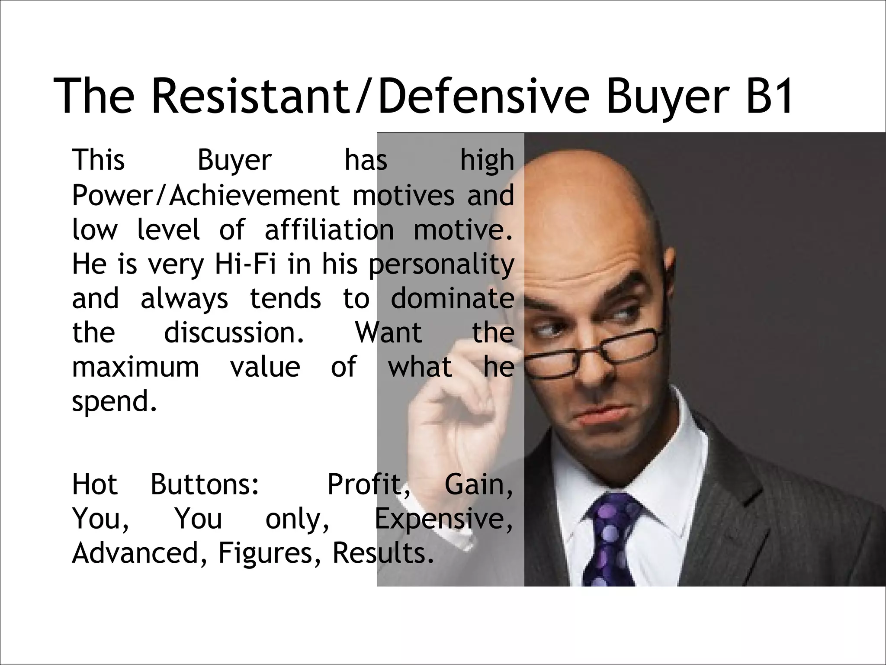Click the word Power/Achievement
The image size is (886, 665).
[x=205, y=196]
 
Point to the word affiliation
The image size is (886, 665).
[x=329, y=230]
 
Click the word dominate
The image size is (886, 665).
[x=453, y=299]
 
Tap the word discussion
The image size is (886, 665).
[x=234, y=333]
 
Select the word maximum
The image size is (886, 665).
[x=135, y=367]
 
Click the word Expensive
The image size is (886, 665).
[x=443, y=519]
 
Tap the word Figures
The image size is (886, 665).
[x=270, y=553]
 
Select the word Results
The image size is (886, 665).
[x=383, y=553]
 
